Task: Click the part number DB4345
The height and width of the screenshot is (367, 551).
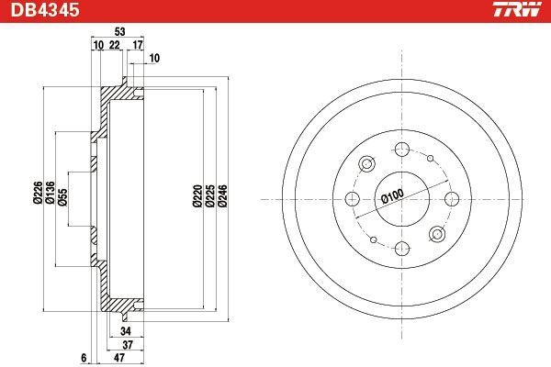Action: pos(45,10)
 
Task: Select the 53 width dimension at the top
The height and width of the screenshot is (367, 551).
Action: pos(119,31)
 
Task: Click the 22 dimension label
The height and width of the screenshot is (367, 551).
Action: pos(115,45)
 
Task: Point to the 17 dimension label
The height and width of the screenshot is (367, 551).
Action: pos(138,45)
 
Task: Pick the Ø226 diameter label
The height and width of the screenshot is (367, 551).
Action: pos(38,193)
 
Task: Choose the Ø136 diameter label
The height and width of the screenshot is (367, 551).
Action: pos(51,193)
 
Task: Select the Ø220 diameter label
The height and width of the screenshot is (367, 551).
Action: pos(197,195)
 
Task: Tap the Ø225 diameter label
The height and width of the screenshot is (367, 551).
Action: pos(209,195)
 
